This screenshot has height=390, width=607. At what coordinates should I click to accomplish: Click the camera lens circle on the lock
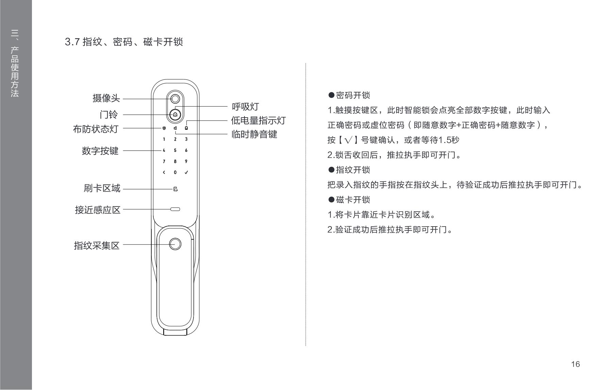[175, 99]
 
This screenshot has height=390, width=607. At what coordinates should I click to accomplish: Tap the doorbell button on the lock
[175, 114]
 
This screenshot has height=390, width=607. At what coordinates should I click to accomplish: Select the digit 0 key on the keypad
[175, 173]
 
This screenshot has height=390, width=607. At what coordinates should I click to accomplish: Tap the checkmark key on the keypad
[186, 173]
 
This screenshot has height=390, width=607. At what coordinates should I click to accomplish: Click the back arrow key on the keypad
[164, 173]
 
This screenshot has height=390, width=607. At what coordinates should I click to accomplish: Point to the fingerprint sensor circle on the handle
[175, 244]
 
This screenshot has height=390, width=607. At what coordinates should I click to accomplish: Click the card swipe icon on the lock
[175, 189]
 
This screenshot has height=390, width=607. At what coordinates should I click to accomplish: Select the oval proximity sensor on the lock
[175, 209]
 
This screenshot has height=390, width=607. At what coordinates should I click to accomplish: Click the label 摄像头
[106, 99]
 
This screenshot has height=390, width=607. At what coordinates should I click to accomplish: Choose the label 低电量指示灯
[258, 121]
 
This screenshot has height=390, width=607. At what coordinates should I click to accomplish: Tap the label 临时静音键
[254, 135]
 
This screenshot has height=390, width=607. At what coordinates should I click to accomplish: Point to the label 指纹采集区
[97, 245]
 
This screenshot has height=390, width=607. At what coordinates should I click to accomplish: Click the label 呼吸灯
[245, 107]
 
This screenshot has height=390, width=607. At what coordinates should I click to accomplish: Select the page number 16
[575, 365]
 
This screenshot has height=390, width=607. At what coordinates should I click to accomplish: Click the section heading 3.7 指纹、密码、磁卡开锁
[124, 42]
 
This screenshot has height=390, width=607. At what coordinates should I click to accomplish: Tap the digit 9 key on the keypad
[186, 161]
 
